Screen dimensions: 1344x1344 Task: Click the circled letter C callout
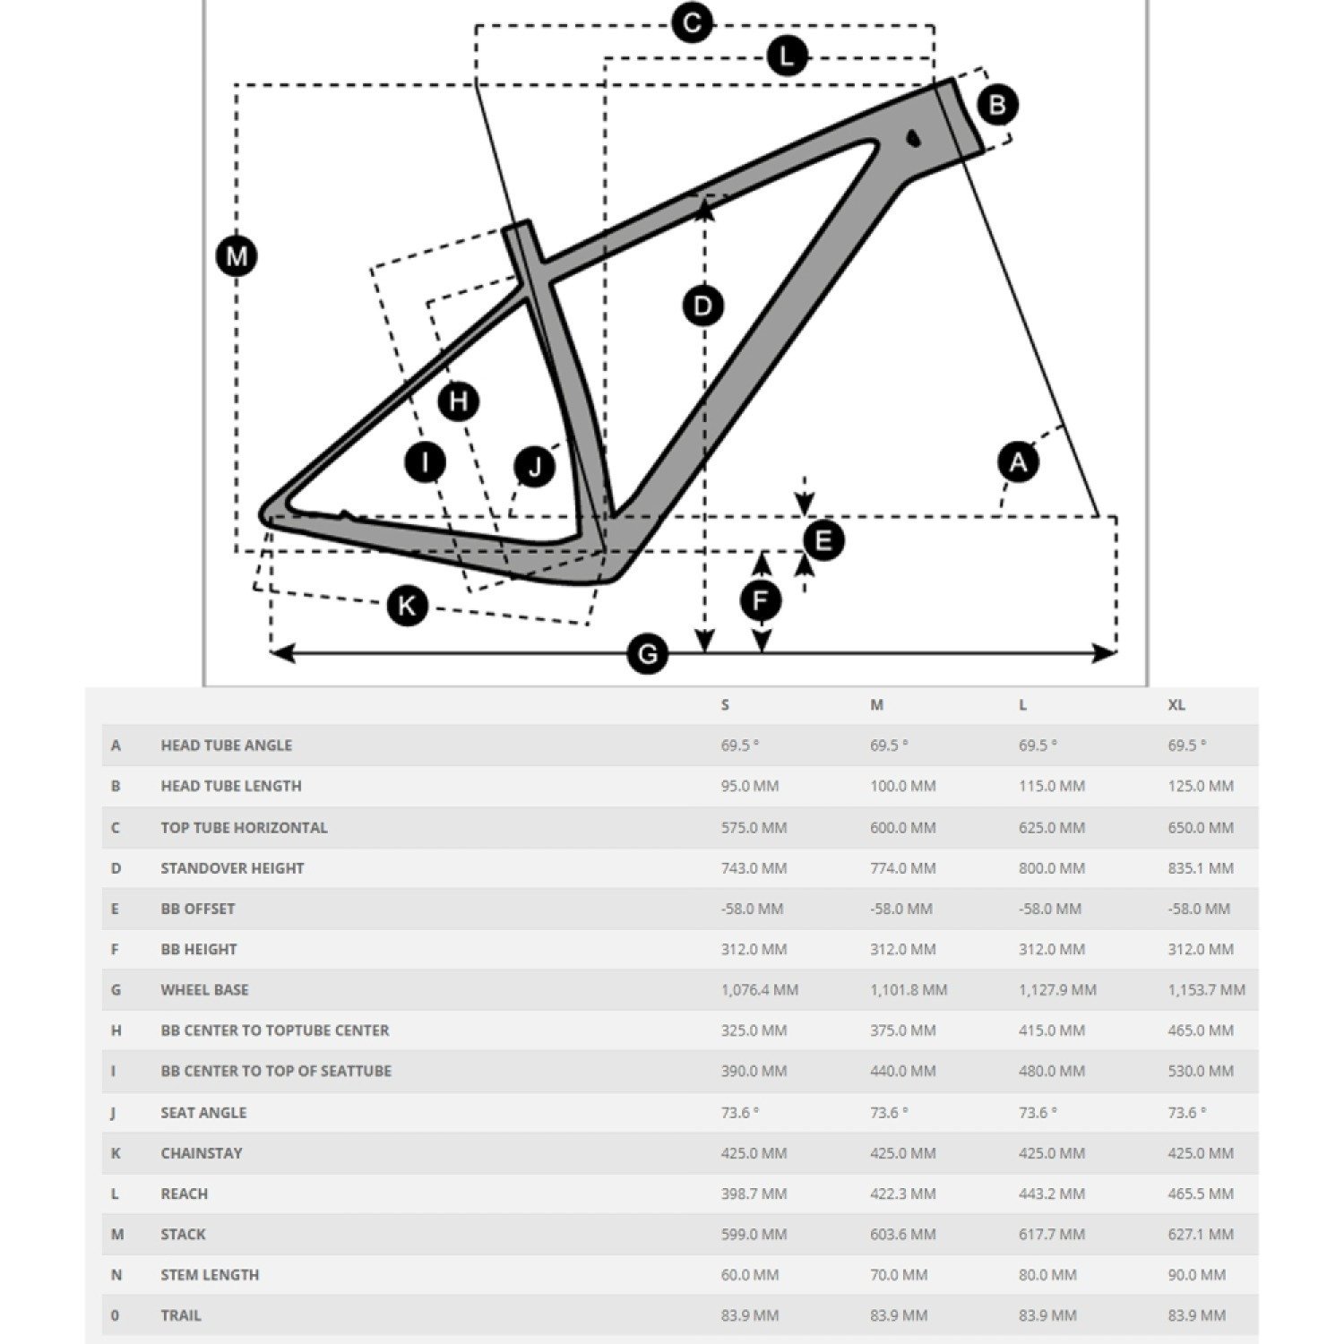tap(692, 22)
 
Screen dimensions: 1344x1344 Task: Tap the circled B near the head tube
tap(996, 105)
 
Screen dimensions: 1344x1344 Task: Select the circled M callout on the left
tap(237, 257)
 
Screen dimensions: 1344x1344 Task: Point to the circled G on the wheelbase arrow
tap(647, 654)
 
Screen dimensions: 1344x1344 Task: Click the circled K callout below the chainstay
tap(406, 607)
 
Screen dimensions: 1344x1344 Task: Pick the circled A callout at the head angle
tap(1018, 462)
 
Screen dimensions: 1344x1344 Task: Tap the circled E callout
tap(823, 540)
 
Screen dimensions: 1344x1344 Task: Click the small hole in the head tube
tap(913, 138)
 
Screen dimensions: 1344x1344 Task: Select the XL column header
tap(1176, 705)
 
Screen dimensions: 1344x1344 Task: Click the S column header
tap(725, 705)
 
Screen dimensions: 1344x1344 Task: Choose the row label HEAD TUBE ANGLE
tap(227, 745)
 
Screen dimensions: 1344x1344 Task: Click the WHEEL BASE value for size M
tap(909, 990)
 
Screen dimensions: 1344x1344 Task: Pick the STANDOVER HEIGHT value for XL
tap(1201, 868)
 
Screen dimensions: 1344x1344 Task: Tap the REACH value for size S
tap(754, 1193)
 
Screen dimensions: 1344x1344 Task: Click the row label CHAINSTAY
tap(202, 1153)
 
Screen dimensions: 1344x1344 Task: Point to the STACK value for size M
tap(902, 1235)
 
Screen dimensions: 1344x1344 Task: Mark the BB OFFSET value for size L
tap(1049, 909)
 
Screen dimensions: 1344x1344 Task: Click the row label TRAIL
tap(181, 1315)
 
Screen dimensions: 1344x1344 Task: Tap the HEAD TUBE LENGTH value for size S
tap(750, 786)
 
